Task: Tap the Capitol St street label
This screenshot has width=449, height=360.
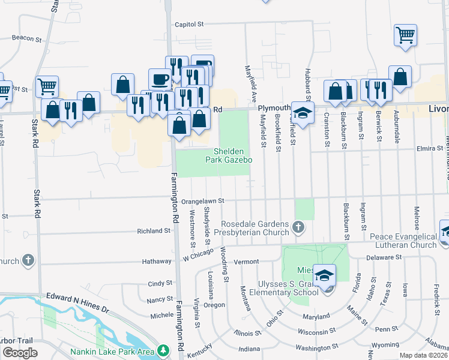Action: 190,25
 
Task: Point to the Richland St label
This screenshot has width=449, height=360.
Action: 154,230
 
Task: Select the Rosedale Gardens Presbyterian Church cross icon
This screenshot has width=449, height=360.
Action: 298,227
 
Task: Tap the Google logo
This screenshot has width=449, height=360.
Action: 20,353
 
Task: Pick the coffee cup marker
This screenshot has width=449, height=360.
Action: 160,79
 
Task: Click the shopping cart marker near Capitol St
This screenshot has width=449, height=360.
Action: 405,34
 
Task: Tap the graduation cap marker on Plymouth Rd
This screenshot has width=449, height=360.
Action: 303,112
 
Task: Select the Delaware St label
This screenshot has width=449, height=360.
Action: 385,257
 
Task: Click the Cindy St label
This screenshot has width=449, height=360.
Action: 160,283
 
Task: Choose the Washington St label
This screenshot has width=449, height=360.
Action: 318,348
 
